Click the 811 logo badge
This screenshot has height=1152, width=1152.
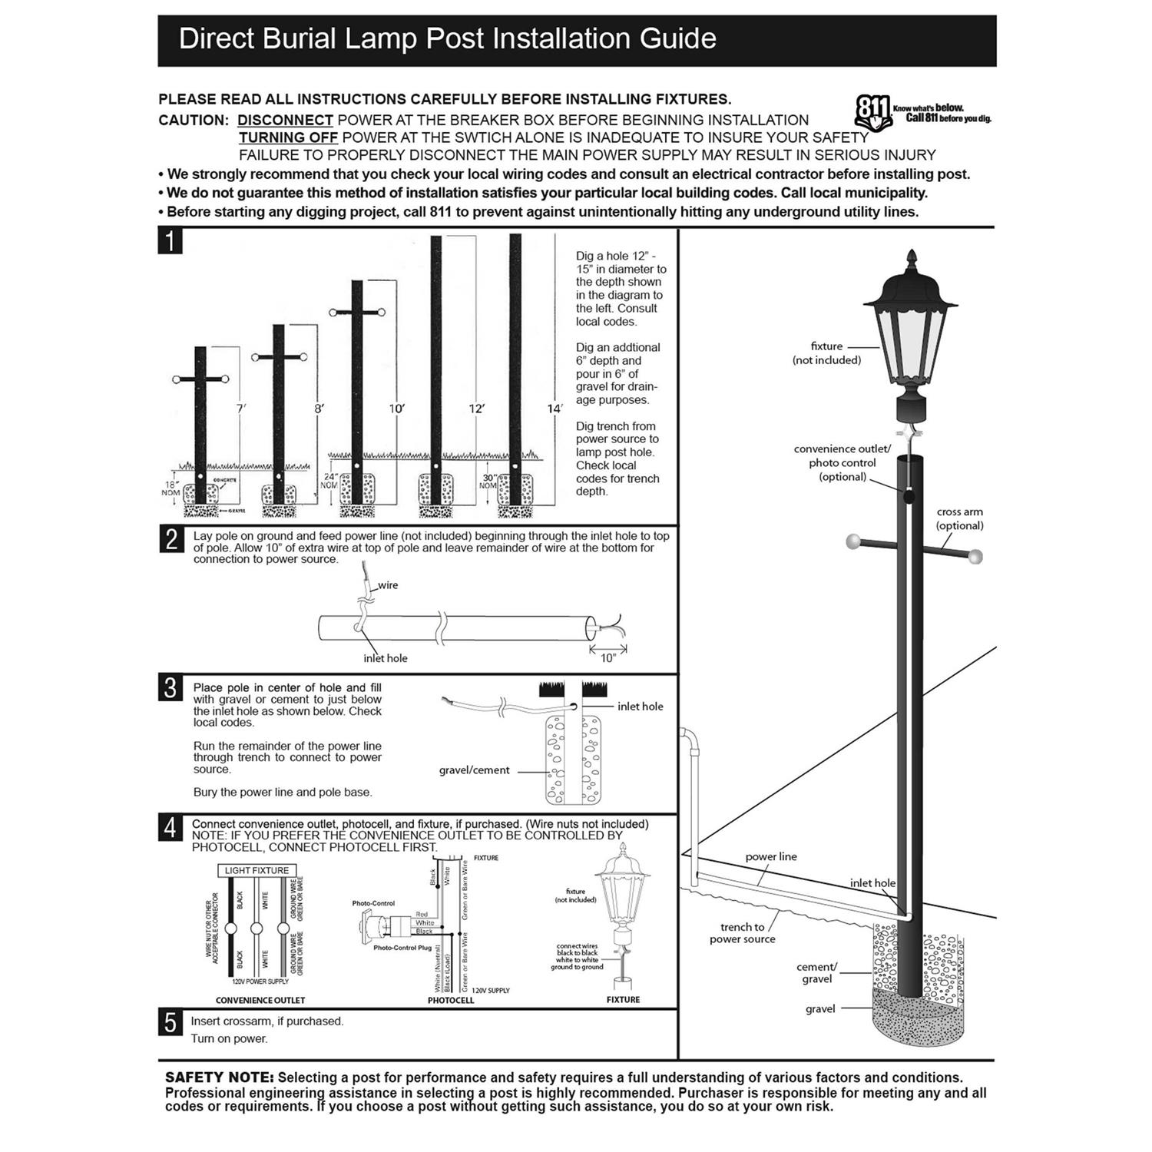872,112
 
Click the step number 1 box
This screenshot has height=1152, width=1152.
170,241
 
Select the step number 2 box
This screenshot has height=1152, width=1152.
170,539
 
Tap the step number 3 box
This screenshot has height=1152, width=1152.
170,687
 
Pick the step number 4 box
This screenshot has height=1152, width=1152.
170,828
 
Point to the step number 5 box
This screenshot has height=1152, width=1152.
170,1023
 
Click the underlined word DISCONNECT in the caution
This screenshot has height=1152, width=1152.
285,121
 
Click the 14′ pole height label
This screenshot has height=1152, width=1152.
554,409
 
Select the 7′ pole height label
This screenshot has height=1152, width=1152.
241,409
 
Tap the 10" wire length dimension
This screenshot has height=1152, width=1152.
608,658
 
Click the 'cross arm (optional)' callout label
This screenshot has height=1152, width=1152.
959,518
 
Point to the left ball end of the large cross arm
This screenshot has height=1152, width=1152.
853,541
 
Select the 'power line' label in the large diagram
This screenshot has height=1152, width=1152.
771,856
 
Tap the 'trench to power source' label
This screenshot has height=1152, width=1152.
742,933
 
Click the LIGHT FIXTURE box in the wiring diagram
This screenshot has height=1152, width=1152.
257,870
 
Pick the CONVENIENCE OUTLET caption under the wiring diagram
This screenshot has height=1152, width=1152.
260,1000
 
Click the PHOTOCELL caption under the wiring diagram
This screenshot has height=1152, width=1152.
451,1000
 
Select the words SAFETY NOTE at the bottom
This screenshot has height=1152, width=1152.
219,1078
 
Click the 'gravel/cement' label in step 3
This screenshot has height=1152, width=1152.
474,770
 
